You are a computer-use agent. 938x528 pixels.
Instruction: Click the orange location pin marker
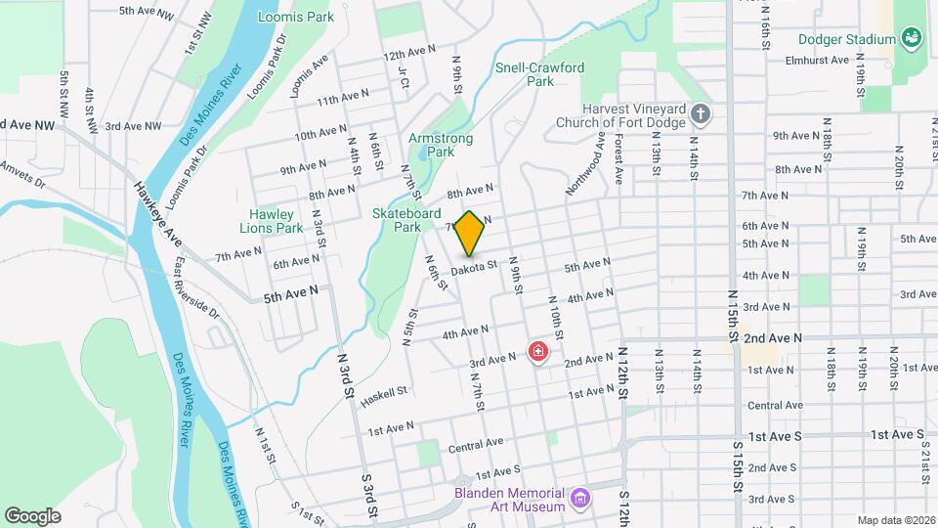click(x=469, y=234)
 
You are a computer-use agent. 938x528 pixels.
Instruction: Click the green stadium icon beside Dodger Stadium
click(x=913, y=39)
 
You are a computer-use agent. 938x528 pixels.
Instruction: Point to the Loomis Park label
click(x=295, y=17)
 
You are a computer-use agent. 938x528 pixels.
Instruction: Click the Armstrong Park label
click(x=441, y=145)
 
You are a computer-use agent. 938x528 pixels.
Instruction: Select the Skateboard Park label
click(x=406, y=220)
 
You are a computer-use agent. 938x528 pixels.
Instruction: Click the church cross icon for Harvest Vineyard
click(x=700, y=115)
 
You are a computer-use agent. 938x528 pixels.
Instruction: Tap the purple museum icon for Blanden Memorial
click(x=581, y=500)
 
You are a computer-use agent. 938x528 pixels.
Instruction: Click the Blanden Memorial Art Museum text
click(x=510, y=500)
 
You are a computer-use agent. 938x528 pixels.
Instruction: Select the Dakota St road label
click(x=476, y=264)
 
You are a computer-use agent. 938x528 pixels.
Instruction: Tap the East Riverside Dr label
click(x=197, y=289)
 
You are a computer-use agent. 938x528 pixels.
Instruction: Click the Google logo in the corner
click(x=32, y=515)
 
